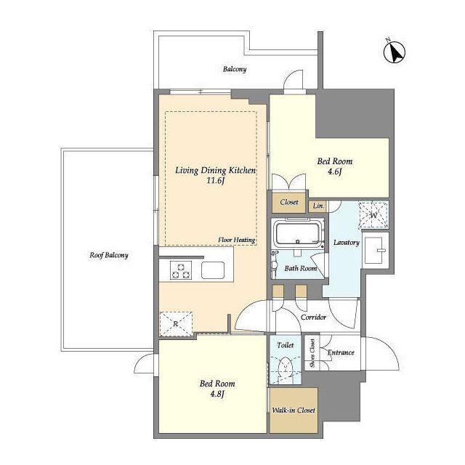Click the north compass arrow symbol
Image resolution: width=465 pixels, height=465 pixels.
pos(395,53)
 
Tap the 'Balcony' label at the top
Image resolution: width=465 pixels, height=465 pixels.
pos(235,70)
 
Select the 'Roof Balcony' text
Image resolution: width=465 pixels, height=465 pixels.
pos(109,255)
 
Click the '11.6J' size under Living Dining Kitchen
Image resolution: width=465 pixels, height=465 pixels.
pos(215,181)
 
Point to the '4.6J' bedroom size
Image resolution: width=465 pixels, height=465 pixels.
pos(335,171)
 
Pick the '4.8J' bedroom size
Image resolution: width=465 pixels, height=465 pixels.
pos(217,394)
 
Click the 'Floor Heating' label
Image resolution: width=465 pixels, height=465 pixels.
pos(237,240)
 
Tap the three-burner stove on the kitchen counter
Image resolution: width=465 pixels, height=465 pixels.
pos(181,270)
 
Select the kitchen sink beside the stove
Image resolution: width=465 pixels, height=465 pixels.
pos(213,270)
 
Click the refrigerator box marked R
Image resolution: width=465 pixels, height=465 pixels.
pos(176,324)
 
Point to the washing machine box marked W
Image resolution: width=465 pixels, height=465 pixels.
pos(373,215)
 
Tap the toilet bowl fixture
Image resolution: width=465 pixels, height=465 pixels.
pos(286,368)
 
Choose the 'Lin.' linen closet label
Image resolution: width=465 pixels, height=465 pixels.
pos(318,206)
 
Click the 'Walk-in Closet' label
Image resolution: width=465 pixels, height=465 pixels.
pos(294,411)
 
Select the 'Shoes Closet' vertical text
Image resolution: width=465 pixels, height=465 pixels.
pos(312,354)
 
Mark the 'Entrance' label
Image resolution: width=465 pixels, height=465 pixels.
pos(341,352)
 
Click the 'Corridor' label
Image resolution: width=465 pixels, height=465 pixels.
pos(313,318)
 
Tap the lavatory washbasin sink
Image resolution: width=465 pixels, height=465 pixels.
pos(375,250)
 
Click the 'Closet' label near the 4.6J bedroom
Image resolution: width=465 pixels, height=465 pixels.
pos(289,202)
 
